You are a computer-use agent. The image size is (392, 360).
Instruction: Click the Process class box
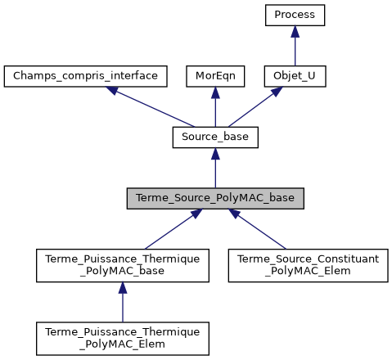(x=295, y=15)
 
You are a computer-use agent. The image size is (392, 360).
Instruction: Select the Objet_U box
(x=295, y=76)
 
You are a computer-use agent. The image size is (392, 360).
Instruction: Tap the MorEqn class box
(x=215, y=76)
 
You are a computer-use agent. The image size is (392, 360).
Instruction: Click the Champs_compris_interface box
(x=86, y=76)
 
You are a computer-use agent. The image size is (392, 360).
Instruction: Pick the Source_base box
(x=215, y=137)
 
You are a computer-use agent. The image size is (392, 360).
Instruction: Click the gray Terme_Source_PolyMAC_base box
(x=215, y=198)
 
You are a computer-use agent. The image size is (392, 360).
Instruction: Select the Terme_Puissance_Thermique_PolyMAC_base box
(x=123, y=266)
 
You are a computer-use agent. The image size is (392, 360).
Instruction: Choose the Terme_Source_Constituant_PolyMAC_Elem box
(x=309, y=266)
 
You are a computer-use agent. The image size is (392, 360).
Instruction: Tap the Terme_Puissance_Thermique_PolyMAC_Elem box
(x=123, y=338)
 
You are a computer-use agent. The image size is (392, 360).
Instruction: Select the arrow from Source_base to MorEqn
(x=215, y=107)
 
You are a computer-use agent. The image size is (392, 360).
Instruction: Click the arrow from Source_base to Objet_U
(x=255, y=107)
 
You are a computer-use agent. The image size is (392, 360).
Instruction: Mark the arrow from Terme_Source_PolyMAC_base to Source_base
(x=215, y=168)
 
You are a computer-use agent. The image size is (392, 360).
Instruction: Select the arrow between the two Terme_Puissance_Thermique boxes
(x=123, y=302)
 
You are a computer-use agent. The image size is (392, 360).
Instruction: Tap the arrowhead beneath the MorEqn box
(x=215, y=92)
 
